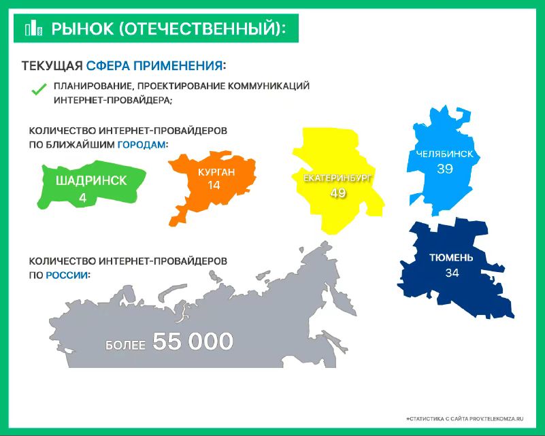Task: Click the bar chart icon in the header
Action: [33, 28]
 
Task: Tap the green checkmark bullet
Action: [39, 89]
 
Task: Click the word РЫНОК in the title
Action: [82, 29]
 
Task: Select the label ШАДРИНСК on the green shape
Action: [91, 181]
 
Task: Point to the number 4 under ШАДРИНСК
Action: [83, 198]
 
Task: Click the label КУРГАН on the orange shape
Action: [216, 172]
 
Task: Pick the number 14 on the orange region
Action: [214, 185]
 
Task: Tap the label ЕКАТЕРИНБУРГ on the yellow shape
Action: [338, 178]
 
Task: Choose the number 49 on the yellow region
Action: [338, 192]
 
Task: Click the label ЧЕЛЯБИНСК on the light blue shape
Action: [444, 154]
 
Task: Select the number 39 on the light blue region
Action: [445, 169]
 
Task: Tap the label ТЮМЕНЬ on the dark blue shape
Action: [451, 257]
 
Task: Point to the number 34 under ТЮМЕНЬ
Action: [452, 273]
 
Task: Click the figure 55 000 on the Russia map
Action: [193, 341]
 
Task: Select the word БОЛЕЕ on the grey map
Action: [125, 345]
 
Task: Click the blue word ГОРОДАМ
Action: [142, 144]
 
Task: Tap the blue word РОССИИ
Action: [67, 275]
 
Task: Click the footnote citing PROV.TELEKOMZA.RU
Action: [464, 419]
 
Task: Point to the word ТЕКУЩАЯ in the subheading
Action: [52, 66]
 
